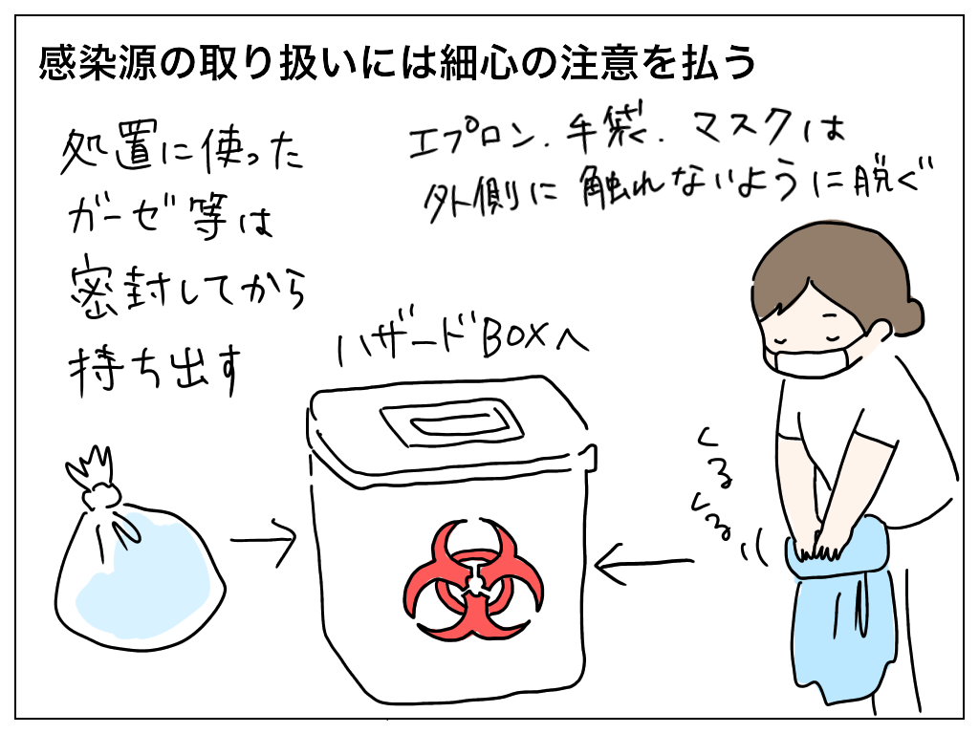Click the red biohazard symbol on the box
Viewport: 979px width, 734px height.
(473, 580)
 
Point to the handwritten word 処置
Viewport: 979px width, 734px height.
(106, 152)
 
